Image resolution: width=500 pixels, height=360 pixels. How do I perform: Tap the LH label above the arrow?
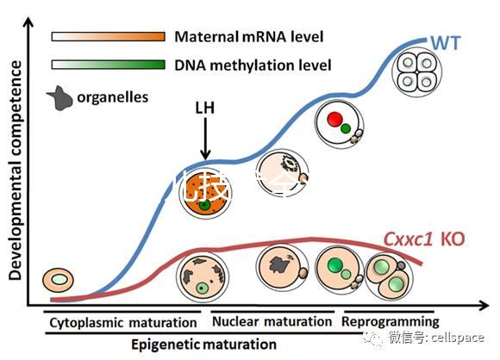tap(204, 108)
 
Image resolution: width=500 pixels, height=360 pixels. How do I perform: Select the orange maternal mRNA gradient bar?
tap(109, 37)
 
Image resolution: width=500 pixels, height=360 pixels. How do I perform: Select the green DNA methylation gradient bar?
tap(109, 64)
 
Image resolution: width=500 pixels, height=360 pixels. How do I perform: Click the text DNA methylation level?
tap(241, 65)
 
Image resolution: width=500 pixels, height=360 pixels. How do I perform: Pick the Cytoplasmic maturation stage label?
tap(122, 323)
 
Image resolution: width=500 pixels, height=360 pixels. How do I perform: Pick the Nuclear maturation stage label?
tap(272, 322)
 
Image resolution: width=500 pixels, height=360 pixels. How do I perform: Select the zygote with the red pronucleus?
tap(337, 122)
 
